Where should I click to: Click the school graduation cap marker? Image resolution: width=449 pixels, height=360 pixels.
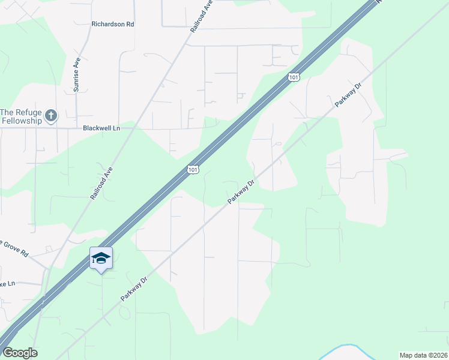coord(101,258)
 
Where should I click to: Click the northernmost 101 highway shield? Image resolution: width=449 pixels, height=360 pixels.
coord(293,77)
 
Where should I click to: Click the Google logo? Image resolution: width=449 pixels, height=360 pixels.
coord(20,353)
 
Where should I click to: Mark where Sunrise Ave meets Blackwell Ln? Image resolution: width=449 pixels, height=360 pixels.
coord(77,128)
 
